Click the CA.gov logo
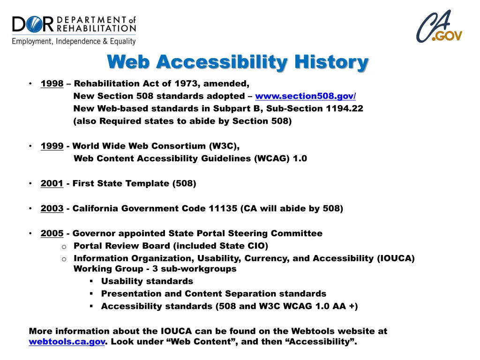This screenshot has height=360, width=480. point(439,27)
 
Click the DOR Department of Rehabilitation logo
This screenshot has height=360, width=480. point(74,30)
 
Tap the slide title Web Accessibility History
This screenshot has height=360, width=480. point(238,62)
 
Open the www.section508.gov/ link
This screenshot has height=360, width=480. point(305,96)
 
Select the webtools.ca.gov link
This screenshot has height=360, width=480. point(67,342)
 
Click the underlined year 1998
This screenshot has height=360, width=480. point(52,84)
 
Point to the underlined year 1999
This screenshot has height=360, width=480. point(52,146)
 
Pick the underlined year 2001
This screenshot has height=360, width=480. point(52,183)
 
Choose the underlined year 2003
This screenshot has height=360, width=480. point(52,209)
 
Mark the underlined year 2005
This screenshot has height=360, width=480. point(52,233)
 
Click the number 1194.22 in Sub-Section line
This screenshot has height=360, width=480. point(345,109)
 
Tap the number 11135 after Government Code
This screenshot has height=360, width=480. point(222,209)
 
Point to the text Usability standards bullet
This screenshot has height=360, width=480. point(147,281)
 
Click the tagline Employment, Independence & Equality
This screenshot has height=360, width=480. point(74,41)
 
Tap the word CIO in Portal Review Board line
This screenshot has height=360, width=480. point(256,246)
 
